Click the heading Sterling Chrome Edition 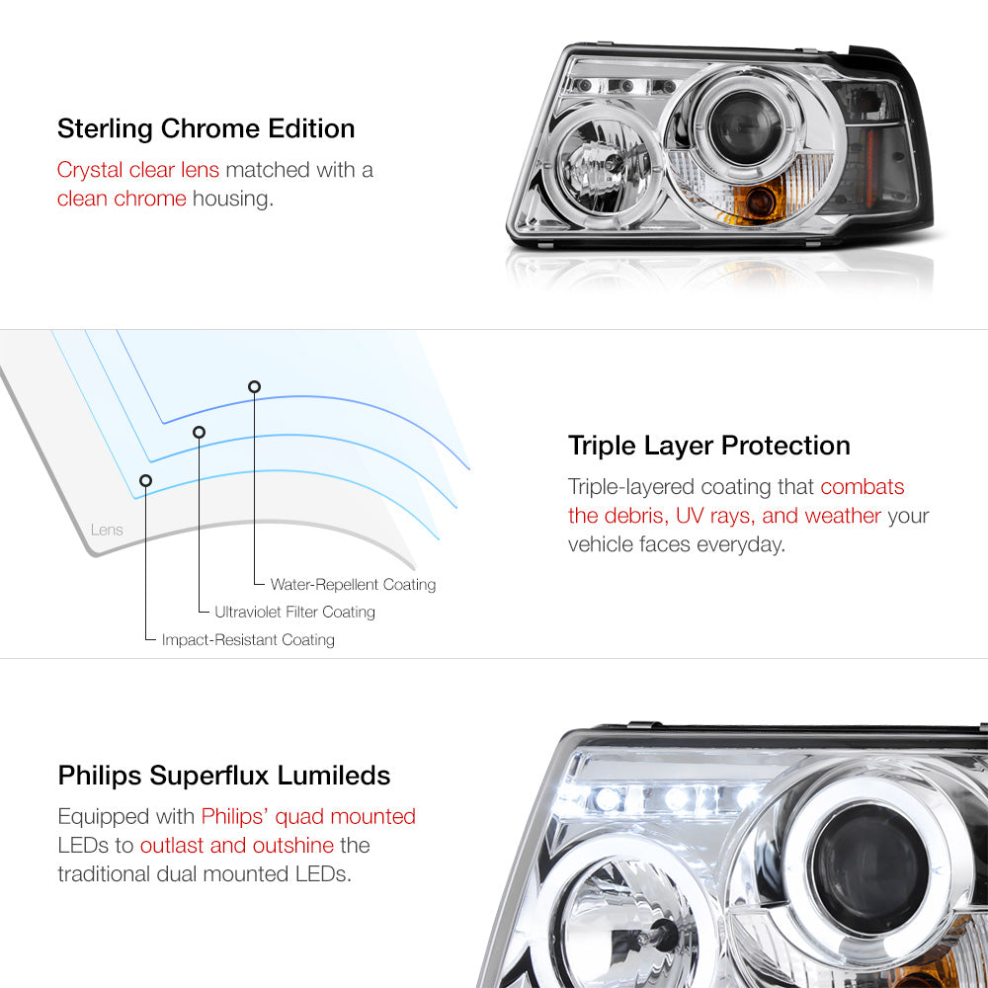[206, 129]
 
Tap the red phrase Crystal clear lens [138, 170]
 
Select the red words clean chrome [122, 199]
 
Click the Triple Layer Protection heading [708, 447]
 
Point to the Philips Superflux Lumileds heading [223, 776]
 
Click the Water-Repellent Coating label [353, 585]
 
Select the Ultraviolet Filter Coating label [294, 612]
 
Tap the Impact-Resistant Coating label [248, 639]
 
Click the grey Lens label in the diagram [107, 530]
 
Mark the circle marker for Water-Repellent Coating [254, 387]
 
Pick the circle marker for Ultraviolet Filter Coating [200, 433]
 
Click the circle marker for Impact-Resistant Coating [145, 481]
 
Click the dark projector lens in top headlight [745, 127]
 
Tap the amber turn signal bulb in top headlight [759, 202]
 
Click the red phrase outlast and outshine [237, 846]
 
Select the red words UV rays [714, 516]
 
